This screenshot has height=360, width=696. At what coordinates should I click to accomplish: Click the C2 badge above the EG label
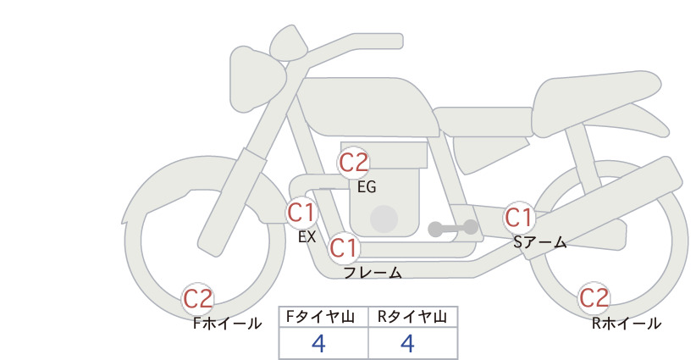click(x=354, y=163)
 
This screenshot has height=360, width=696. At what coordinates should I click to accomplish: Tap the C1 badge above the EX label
click(x=301, y=213)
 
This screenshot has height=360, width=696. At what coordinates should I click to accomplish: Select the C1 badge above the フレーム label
click(x=344, y=247)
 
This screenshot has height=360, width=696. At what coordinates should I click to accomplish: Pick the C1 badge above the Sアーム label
click(x=518, y=218)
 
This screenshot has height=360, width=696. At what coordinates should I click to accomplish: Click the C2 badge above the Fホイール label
click(x=198, y=299)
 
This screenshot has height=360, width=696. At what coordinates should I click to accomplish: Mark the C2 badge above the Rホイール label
click(x=594, y=298)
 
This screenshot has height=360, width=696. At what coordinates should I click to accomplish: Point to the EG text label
click(x=367, y=187)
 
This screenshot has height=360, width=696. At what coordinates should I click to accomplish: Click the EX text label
click(x=307, y=237)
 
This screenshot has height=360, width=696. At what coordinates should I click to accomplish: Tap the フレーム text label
click(x=373, y=273)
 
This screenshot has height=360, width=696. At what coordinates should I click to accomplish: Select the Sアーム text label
click(x=540, y=242)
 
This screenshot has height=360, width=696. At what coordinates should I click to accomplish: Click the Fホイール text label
click(x=227, y=324)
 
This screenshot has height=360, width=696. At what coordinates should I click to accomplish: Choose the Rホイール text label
click(x=627, y=324)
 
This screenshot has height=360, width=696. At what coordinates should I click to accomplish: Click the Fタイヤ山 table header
click(x=320, y=317)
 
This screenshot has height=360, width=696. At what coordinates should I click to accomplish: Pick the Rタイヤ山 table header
click(x=413, y=317)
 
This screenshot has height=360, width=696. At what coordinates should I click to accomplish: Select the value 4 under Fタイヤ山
click(x=318, y=343)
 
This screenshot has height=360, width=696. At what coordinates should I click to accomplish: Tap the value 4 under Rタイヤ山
click(x=407, y=343)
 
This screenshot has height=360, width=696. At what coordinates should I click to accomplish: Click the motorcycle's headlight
click(x=255, y=80)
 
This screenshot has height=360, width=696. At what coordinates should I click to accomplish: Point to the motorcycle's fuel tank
click(x=366, y=107)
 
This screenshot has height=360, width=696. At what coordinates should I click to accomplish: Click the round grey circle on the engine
click(x=384, y=219)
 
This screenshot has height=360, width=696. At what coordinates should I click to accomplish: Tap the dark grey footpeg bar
click(x=453, y=228)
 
